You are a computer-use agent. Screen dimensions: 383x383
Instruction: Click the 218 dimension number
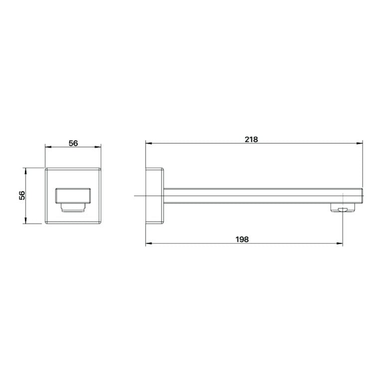point(251,140)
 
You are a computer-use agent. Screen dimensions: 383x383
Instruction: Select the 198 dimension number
point(242,239)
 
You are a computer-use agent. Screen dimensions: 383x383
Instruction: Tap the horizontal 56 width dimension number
point(73,143)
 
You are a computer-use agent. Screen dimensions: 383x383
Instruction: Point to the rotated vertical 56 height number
point(22,195)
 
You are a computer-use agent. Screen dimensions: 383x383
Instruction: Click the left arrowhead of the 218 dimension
point(149,144)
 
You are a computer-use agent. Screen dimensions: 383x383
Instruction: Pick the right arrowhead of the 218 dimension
point(360,144)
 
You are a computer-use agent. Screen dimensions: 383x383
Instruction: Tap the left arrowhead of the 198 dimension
point(149,243)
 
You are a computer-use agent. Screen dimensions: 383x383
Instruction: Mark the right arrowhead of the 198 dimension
point(340,243)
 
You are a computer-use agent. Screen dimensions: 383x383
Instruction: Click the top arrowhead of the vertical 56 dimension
point(24,171)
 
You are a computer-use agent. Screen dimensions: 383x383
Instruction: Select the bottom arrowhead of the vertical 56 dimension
point(24,220)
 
